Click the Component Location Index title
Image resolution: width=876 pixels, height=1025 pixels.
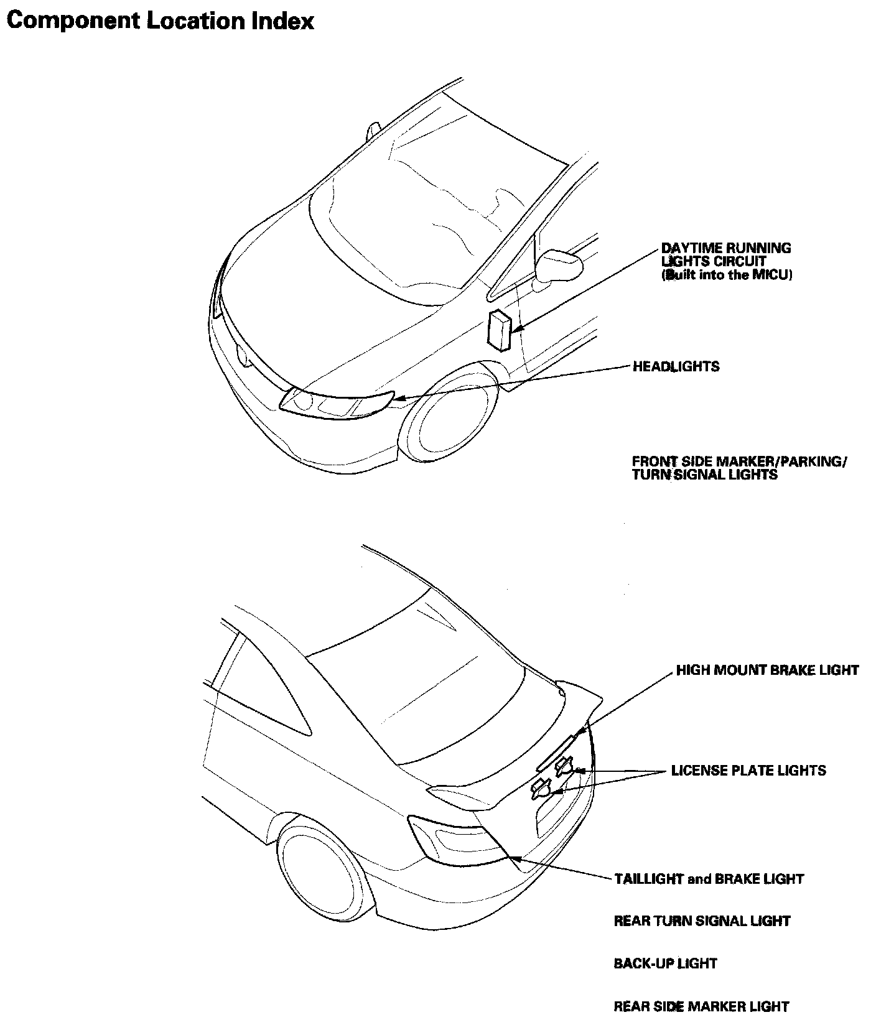pyautogui.click(x=159, y=21)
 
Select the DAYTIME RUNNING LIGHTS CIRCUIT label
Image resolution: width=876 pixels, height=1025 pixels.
pyautogui.click(x=726, y=255)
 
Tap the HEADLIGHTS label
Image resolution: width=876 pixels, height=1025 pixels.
pyautogui.click(x=676, y=366)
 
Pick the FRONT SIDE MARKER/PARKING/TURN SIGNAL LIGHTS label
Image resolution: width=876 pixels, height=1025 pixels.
pyautogui.click(x=739, y=468)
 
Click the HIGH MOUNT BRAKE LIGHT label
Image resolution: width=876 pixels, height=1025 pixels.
pyautogui.click(x=767, y=670)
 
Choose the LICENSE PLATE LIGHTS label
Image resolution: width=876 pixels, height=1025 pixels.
pyautogui.click(x=748, y=771)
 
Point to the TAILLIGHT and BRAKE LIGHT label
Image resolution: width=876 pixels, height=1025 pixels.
pyautogui.click(x=709, y=879)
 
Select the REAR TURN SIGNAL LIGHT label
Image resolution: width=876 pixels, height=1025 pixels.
pyautogui.click(x=702, y=921)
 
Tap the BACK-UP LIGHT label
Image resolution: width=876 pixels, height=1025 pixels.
pyautogui.click(x=665, y=963)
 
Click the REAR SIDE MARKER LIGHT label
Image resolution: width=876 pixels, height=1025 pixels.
pyautogui.click(x=701, y=1006)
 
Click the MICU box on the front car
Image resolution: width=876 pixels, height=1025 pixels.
pyautogui.click(x=500, y=330)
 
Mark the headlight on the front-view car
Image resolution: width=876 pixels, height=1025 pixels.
pyautogui.click(x=336, y=402)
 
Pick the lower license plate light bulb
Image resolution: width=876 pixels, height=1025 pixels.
pyautogui.click(x=541, y=789)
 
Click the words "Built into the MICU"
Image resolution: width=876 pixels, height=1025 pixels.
pyautogui.click(x=727, y=275)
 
